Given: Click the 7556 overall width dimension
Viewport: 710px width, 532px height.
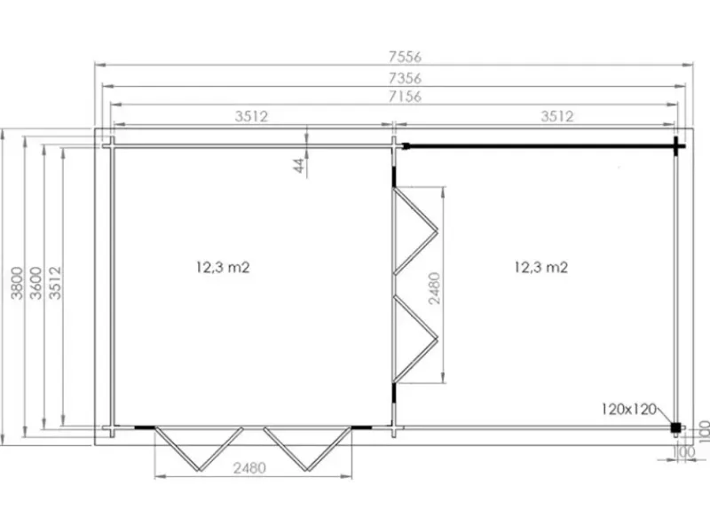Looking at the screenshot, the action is click(x=405, y=57).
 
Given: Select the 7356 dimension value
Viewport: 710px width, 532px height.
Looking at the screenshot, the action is click(x=405, y=78).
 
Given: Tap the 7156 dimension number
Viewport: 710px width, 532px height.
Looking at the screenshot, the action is click(x=405, y=97).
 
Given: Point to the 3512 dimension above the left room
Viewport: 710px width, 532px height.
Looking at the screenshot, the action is click(x=251, y=116).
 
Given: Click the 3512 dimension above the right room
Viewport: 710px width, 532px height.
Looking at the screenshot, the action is click(x=557, y=116).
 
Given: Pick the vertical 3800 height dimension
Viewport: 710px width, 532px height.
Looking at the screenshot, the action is click(x=17, y=283).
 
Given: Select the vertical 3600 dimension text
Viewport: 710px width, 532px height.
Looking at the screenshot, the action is click(x=35, y=283).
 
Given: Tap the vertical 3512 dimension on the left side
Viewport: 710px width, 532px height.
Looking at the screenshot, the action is click(x=55, y=283).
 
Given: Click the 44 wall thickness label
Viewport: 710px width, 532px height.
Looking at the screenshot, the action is click(x=299, y=165).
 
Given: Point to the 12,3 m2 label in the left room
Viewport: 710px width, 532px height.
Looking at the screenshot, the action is click(x=223, y=267).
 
